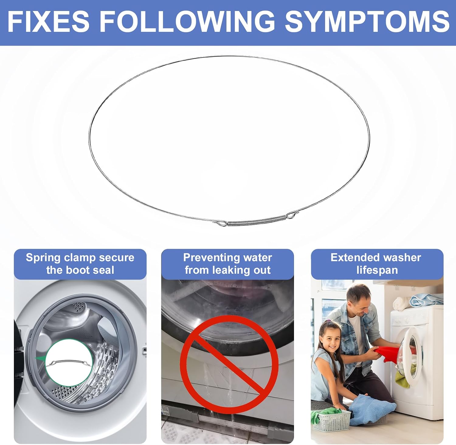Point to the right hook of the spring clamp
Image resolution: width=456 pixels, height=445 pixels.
[x=290, y=215]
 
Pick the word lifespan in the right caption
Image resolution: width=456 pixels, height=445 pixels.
[x=377, y=270]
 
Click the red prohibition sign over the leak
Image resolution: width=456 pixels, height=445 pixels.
[x=229, y=364]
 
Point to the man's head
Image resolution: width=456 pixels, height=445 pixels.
[x=359, y=301]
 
